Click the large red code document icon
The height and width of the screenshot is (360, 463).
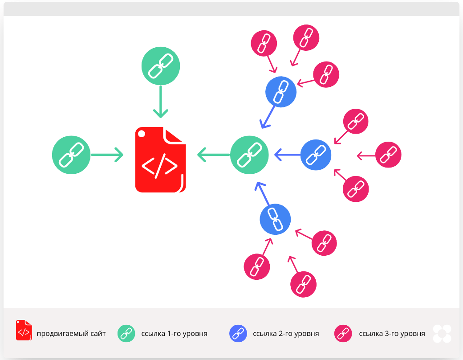[160, 160]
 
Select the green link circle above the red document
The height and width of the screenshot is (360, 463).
[161, 66]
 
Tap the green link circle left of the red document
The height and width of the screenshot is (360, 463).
[71, 155]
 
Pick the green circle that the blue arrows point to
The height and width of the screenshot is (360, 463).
[250, 155]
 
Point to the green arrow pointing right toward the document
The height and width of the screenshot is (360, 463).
[107, 155]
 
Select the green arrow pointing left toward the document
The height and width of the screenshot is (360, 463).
[213, 155]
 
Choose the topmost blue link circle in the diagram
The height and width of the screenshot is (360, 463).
[280, 92]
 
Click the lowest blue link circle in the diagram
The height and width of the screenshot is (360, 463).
[275, 219]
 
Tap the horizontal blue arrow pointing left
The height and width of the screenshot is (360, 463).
[288, 155]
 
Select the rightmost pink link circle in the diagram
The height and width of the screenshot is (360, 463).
[389, 155]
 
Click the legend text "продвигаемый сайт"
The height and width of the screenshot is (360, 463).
[71, 333]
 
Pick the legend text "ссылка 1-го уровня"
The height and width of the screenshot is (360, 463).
[174, 333]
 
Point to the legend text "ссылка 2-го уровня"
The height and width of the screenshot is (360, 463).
[286, 333]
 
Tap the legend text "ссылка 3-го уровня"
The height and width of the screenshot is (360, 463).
[392, 333]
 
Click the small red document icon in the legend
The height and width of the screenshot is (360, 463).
[24, 330]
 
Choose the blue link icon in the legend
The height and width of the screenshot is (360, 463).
[238, 333]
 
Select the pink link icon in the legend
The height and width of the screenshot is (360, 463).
[343, 333]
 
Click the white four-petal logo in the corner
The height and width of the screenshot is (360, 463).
[442, 334]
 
